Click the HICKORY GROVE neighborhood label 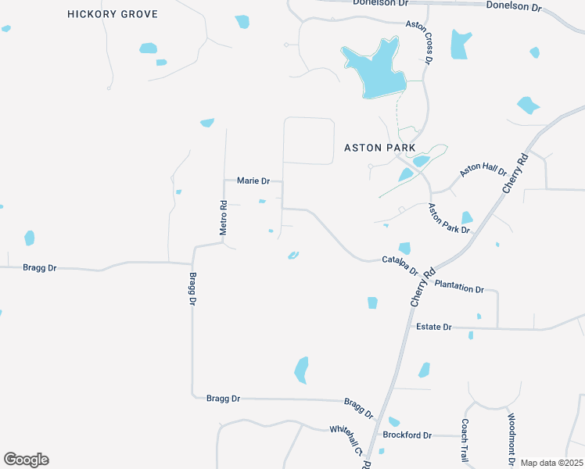point(113,14)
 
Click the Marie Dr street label point(253,181)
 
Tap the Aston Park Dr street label point(448,219)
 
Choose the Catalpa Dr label point(400,264)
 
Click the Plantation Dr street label point(459,287)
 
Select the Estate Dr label point(434,327)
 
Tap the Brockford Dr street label point(407,435)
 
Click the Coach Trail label point(465,440)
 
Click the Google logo point(26,460)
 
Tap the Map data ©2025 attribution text point(551,463)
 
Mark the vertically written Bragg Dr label point(192,289)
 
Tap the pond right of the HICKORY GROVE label point(242,21)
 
